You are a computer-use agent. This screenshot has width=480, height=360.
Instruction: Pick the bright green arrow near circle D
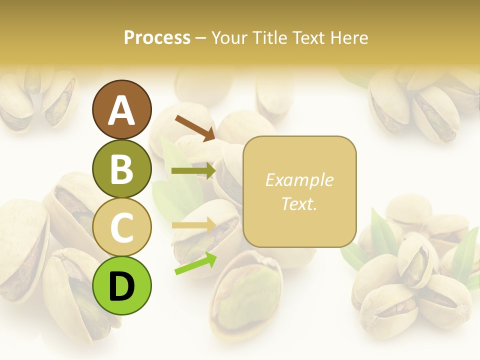coord(195,263)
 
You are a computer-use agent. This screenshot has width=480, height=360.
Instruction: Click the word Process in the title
coord(157,38)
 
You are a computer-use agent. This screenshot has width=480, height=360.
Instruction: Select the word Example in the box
coord(299,180)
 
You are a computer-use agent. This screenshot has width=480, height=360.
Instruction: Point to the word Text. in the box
coord(299,203)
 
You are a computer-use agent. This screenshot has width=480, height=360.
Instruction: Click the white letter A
coord(122,111)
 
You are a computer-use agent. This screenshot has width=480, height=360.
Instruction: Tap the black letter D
coord(122,286)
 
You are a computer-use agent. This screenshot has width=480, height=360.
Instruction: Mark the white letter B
coord(122,169)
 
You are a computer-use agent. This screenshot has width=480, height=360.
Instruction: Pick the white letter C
coord(122,227)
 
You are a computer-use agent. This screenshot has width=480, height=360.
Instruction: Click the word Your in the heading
coord(228,38)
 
